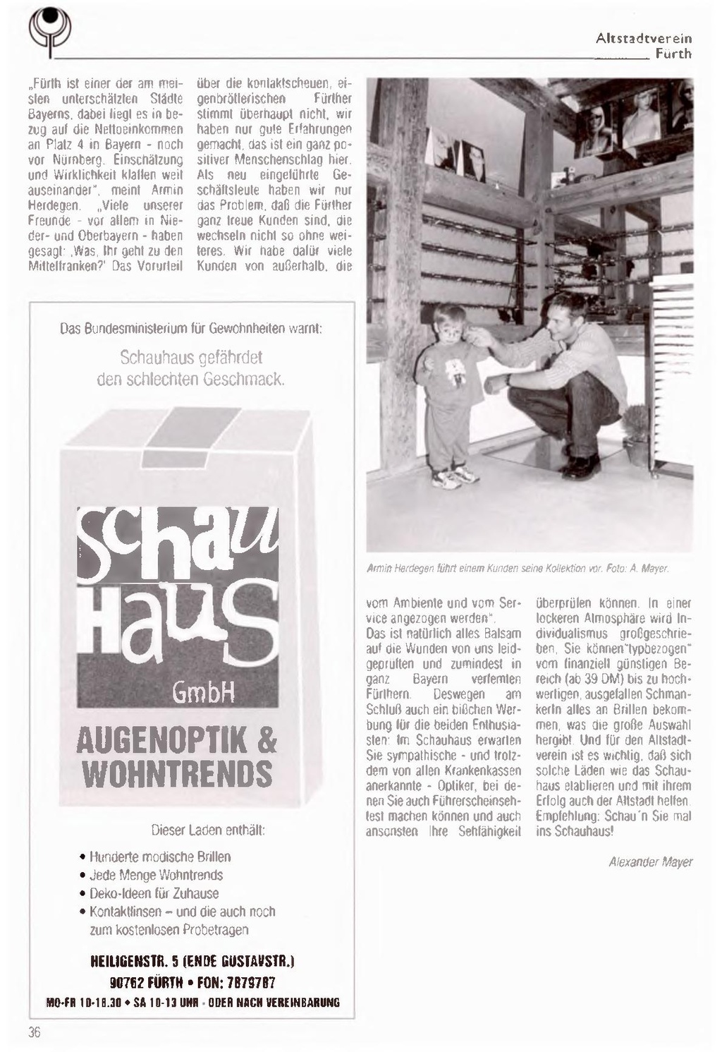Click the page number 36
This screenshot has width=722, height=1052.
35,1032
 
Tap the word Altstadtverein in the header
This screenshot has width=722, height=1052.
644,38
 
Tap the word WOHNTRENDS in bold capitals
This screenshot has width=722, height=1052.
177,774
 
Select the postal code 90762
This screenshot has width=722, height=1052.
128,983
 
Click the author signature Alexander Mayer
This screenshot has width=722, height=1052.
650,861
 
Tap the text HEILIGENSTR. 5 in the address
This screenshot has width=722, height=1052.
135,961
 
